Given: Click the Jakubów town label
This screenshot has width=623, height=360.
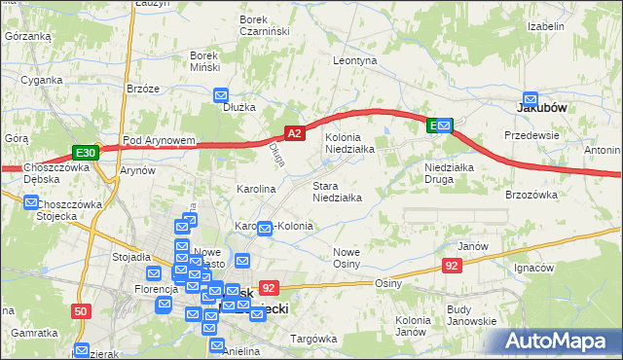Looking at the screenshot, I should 540,110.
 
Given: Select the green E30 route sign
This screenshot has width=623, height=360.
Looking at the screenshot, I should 85,153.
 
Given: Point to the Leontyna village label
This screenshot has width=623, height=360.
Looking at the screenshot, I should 354,60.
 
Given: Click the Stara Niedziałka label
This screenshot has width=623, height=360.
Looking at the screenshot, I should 337,192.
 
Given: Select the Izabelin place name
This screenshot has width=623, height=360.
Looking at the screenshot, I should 546,26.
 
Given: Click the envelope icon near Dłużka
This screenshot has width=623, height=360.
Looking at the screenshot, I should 220,95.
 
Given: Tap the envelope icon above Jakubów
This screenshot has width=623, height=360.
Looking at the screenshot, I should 531,98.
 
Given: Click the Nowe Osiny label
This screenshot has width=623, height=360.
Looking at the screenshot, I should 347,258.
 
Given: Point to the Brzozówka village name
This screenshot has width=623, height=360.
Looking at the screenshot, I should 531,195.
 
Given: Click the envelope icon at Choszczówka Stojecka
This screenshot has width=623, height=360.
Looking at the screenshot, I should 30,203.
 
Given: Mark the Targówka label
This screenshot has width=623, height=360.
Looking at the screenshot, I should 313,339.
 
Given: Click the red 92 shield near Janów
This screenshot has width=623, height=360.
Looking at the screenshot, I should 451,265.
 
